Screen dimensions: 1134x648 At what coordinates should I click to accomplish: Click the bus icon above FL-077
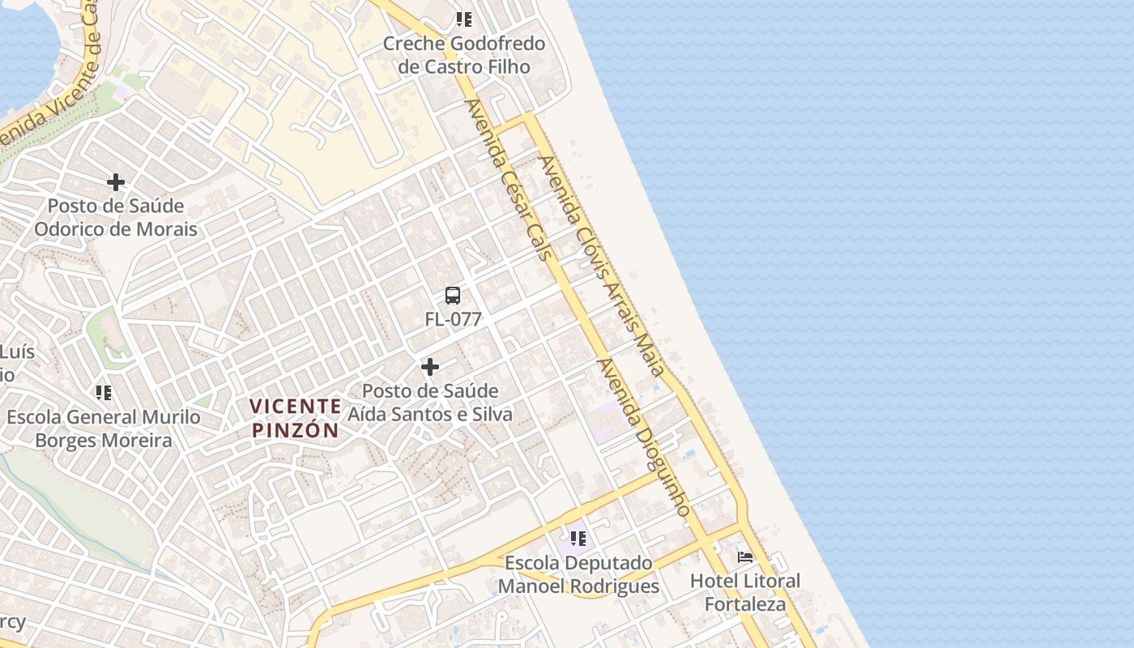click(453, 296)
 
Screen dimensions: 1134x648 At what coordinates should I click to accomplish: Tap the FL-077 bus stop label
click(453, 320)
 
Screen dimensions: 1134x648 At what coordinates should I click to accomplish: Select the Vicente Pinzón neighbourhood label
click(295, 418)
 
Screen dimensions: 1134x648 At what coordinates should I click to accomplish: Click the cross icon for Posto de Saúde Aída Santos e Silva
click(430, 368)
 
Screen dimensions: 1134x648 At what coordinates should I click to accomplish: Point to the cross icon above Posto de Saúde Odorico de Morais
click(116, 182)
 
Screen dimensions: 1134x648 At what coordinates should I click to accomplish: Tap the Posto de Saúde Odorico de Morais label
click(115, 218)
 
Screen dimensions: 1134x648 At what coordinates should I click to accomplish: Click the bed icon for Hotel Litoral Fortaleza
click(745, 557)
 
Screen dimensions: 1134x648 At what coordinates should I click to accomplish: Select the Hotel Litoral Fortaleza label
click(745, 593)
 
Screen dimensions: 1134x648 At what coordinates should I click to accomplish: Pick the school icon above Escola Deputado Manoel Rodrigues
click(578, 538)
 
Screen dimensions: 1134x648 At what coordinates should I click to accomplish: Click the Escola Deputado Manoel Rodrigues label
click(578, 574)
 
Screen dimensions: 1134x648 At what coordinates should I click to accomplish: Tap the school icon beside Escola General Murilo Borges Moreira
click(104, 393)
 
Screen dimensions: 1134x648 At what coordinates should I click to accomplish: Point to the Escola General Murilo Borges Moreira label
click(104, 429)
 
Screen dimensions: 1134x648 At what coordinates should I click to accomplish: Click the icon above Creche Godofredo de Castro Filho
click(463, 19)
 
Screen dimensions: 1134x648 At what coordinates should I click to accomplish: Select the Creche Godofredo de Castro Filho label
click(464, 55)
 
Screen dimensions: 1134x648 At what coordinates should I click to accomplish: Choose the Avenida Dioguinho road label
click(645, 438)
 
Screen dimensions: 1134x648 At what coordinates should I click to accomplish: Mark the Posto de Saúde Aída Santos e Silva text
click(430, 403)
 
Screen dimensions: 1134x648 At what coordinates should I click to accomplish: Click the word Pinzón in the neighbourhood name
click(295, 430)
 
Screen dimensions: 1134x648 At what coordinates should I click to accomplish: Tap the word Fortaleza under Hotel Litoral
click(745, 604)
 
